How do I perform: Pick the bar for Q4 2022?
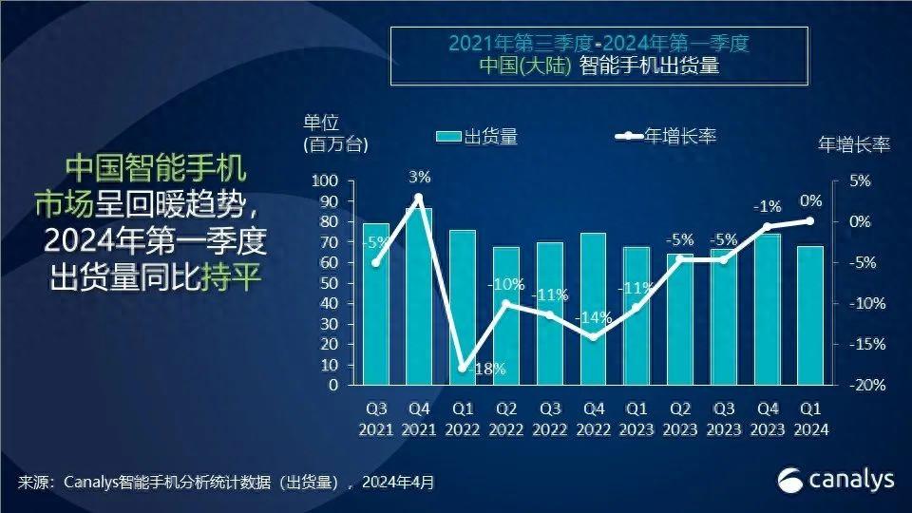coord(594,309)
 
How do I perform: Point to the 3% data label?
coord(419,177)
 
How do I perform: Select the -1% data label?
coord(767,207)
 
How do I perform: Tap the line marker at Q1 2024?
coord(810,220)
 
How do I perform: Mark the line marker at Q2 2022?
coord(506,304)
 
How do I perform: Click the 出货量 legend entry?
coord(477,137)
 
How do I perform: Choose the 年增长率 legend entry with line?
coord(665,137)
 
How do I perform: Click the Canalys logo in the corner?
coord(836,480)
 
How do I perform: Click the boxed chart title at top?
coord(599,55)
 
